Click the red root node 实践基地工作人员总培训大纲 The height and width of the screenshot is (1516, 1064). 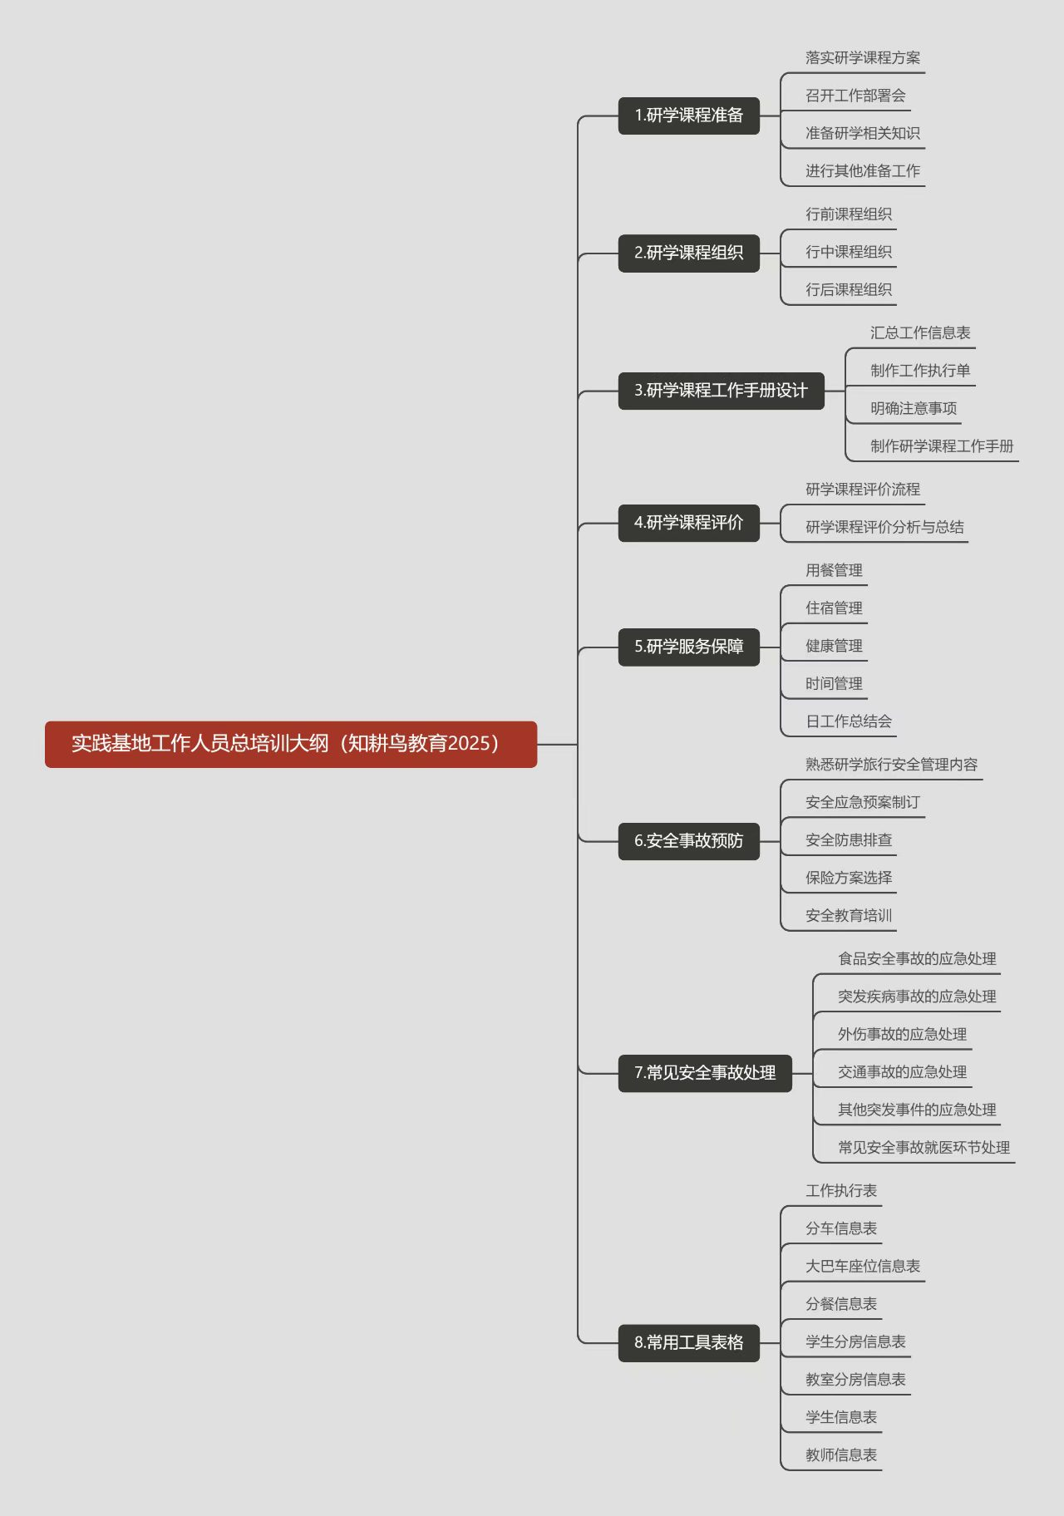click(290, 744)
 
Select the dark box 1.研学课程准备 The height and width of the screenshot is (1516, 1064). click(688, 116)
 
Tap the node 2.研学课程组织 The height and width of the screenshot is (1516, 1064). click(688, 253)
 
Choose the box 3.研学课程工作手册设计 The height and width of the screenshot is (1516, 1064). click(721, 391)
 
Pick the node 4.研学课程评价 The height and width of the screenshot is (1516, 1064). click(688, 523)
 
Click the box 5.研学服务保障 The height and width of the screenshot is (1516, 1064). click(688, 647)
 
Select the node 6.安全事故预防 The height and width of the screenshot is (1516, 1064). click(688, 841)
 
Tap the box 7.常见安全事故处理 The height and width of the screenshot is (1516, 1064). click(705, 1073)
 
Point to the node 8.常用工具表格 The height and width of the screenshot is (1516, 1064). click(688, 1342)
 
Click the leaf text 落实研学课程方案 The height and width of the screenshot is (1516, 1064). click(862, 58)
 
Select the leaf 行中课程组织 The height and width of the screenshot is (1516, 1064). click(848, 252)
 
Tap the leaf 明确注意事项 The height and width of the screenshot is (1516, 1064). click(913, 408)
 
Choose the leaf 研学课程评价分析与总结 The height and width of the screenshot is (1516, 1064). click(884, 527)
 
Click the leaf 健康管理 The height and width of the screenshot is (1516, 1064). click(833, 646)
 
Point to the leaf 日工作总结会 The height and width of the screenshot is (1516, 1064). click(848, 721)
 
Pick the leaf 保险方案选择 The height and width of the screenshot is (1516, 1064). click(848, 878)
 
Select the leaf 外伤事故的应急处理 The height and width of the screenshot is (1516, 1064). click(902, 1035)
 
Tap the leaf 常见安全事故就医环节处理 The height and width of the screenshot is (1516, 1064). click(924, 1148)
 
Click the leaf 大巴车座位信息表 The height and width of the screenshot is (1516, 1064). click(862, 1267)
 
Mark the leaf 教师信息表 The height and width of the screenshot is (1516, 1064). click(840, 1455)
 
